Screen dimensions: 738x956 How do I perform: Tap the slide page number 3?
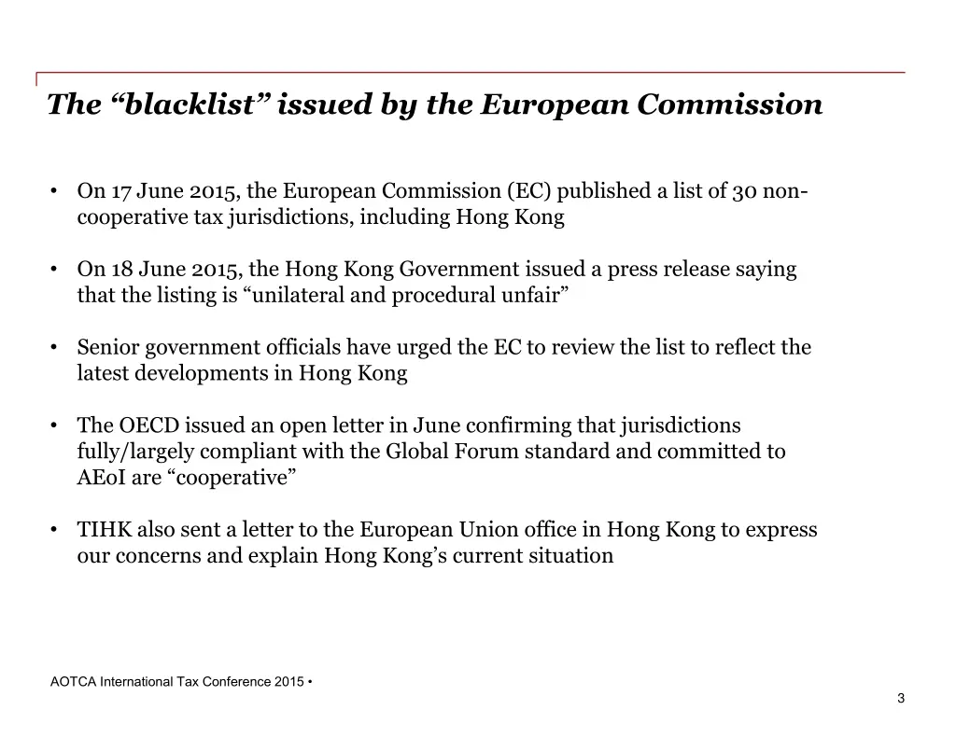[x=901, y=699]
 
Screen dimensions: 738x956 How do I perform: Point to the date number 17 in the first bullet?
[x=120, y=191]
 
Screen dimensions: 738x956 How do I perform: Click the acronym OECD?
[x=148, y=426]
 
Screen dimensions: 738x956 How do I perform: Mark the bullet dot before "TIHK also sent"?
[x=56, y=531]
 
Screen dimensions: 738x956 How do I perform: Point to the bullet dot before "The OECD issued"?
[x=56, y=426]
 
